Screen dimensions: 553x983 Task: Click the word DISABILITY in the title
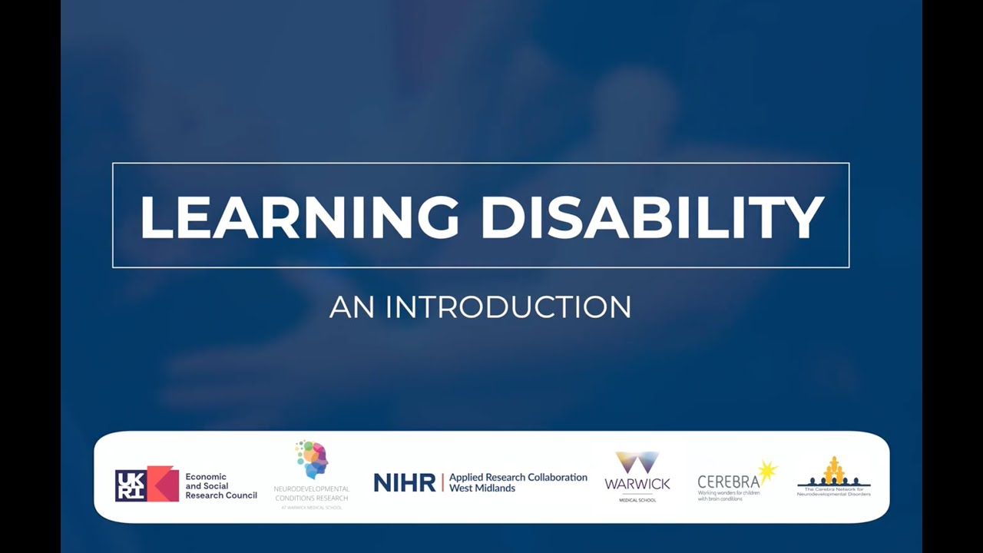pos(652,217)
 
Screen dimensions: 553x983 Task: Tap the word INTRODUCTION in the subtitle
pos(508,307)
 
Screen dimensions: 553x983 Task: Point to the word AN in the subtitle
pos(352,307)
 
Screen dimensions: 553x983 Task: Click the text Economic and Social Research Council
pos(220,486)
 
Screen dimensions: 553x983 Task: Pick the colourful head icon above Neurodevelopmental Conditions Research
pos(313,459)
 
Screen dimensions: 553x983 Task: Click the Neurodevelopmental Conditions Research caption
pos(311,494)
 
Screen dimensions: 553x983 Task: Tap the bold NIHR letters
pos(404,483)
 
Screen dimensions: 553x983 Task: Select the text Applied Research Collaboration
pos(518,477)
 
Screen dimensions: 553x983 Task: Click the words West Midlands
pos(482,488)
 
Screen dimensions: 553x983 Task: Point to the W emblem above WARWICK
pos(637,462)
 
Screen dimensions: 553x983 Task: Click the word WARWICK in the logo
pos(637,484)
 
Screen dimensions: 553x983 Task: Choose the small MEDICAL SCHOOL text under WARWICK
pos(637,500)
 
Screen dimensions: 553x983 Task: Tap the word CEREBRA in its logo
pos(728,482)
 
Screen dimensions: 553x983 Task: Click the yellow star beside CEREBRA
pos(767,470)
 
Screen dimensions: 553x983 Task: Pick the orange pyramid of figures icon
pos(834,470)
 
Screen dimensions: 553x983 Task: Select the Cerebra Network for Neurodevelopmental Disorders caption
pos(834,492)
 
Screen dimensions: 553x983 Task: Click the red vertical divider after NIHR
pos(442,482)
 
